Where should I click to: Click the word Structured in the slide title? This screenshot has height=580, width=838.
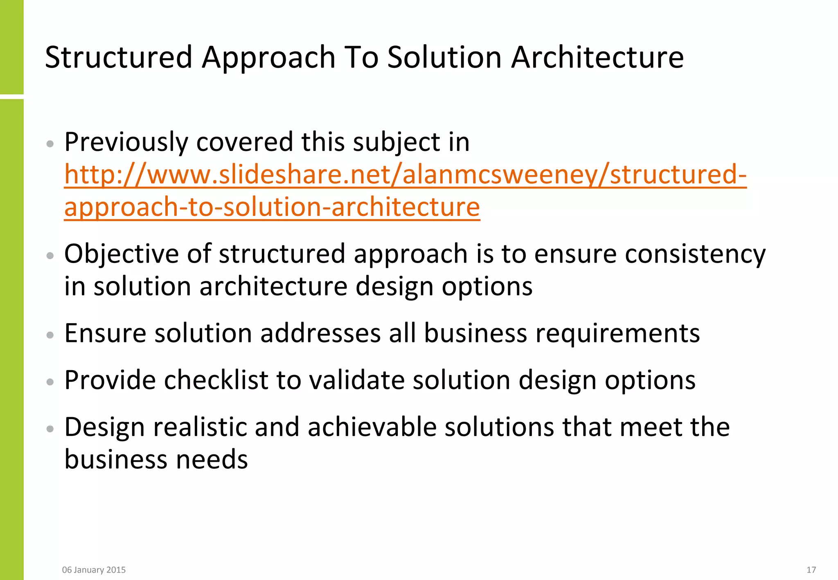[119, 57]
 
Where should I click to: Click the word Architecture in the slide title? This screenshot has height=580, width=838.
[597, 57]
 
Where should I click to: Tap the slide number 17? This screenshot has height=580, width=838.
[811, 570]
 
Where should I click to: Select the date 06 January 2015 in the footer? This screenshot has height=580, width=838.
[94, 570]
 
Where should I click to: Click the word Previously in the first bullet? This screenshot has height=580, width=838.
[126, 142]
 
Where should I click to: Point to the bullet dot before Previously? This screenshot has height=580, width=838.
[50, 144]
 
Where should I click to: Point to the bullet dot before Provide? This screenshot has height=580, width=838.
[50, 382]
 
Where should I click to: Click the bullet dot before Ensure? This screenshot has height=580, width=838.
[50, 335]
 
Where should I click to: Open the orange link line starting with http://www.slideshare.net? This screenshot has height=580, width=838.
[405, 175]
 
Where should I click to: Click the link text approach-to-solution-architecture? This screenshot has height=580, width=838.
[272, 207]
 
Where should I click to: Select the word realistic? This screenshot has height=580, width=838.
[200, 427]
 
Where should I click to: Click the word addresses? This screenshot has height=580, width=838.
[320, 333]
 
